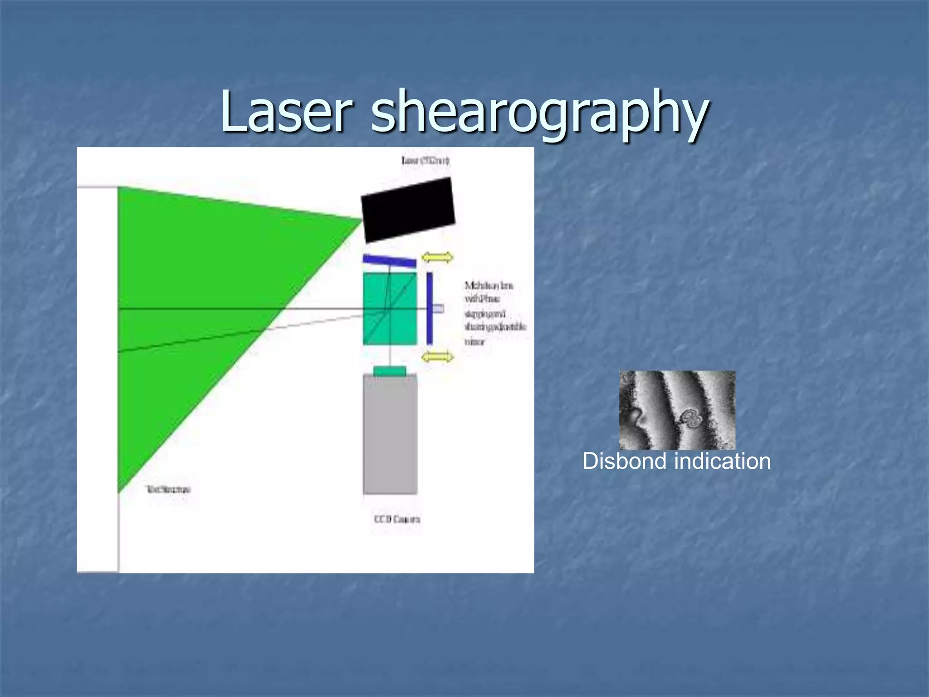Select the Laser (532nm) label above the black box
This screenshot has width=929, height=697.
[x=425, y=160]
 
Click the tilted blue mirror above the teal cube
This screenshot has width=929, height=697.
[x=389, y=261]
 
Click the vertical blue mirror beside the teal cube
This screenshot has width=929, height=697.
[x=430, y=309]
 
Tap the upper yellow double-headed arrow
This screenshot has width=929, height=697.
[x=437, y=257]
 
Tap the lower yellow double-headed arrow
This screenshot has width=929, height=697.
[x=437, y=357]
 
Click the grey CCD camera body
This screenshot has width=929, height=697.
[x=390, y=436]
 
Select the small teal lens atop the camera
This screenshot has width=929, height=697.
[x=390, y=371]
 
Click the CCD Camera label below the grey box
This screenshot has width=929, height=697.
[x=397, y=519]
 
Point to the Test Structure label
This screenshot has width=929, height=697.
[x=168, y=489]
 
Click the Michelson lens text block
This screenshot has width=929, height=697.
[x=494, y=313]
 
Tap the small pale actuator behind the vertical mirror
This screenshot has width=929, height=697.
[x=438, y=309]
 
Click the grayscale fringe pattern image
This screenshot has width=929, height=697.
[x=677, y=410]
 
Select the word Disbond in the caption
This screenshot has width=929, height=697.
[x=625, y=461]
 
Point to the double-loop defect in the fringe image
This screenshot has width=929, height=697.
[x=691, y=417]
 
